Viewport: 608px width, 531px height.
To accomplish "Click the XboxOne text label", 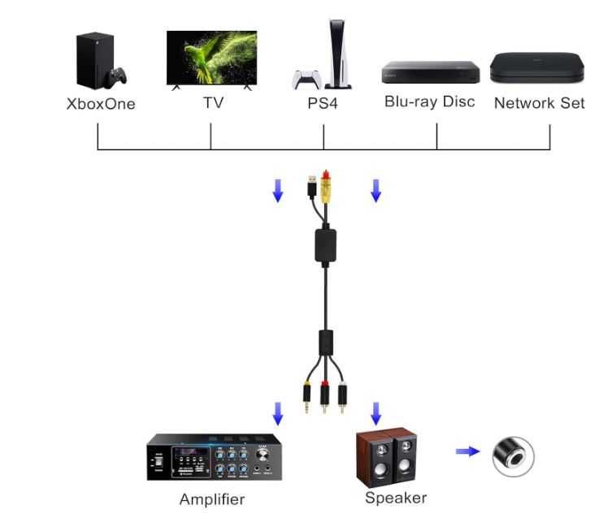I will click(x=100, y=104).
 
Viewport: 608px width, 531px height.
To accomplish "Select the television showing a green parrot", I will click(x=211, y=58).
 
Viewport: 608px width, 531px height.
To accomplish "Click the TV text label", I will click(x=212, y=103).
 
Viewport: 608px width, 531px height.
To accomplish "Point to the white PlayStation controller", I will click(x=306, y=80).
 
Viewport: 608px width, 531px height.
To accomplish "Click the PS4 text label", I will click(x=323, y=104).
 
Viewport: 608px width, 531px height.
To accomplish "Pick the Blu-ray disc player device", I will click(x=430, y=72).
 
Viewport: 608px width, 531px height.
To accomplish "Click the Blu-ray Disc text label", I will click(x=429, y=102).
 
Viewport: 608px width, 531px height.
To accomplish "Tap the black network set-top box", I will click(x=536, y=68).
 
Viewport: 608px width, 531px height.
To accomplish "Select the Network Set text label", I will click(x=538, y=103).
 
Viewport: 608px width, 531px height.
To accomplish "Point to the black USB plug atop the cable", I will click(x=312, y=186).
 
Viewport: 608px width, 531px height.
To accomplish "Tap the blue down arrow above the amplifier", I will click(x=278, y=413).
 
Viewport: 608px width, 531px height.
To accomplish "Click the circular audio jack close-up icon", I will click(x=514, y=455).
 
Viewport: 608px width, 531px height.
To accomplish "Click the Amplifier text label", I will click(x=211, y=499).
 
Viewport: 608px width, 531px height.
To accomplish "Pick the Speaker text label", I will click(x=395, y=498).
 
